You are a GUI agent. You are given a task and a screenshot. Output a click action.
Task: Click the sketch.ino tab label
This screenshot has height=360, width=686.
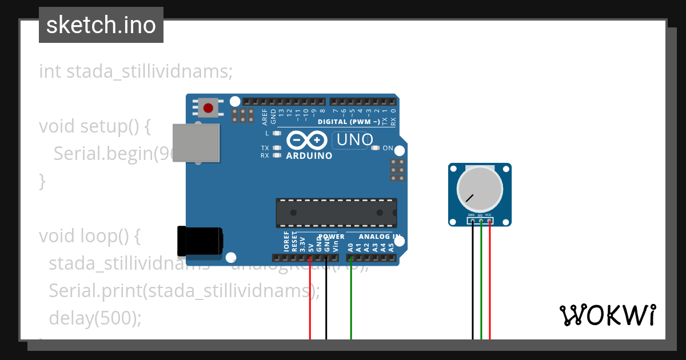(x=101, y=25)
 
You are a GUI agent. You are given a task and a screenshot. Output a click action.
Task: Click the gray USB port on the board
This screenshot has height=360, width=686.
(x=196, y=142)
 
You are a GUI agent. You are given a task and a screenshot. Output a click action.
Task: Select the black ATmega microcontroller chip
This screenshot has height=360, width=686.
(x=336, y=212)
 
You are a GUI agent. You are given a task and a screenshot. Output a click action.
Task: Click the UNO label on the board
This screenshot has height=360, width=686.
(x=354, y=139)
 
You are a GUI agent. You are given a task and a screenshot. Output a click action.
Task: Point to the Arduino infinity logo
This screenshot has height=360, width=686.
(x=308, y=140)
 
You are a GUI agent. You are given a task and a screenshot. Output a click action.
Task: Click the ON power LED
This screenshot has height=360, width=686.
(x=375, y=148)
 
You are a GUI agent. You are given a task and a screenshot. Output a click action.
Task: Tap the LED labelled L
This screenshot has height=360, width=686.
(x=277, y=133)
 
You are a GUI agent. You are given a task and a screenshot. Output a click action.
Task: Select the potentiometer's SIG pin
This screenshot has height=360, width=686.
(x=481, y=221)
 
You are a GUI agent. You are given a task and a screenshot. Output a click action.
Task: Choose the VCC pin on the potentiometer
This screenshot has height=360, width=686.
(x=490, y=221)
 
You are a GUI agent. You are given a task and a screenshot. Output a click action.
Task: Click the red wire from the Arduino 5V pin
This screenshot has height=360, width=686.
(x=310, y=303)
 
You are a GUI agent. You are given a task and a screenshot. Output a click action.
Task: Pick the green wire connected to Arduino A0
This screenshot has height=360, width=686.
(x=351, y=303)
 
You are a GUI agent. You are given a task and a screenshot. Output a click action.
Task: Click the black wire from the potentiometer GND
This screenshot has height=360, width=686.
(x=473, y=286)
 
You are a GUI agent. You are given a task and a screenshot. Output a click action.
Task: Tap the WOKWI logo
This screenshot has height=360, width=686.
(x=607, y=315)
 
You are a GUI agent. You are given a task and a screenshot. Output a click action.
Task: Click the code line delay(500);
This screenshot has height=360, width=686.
(x=95, y=318)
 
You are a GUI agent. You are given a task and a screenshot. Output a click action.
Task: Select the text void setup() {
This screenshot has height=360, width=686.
(x=95, y=126)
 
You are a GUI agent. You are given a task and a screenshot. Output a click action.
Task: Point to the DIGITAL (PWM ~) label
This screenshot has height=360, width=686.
(x=349, y=122)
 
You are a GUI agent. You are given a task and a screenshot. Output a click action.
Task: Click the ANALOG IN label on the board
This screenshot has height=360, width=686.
(x=380, y=237)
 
